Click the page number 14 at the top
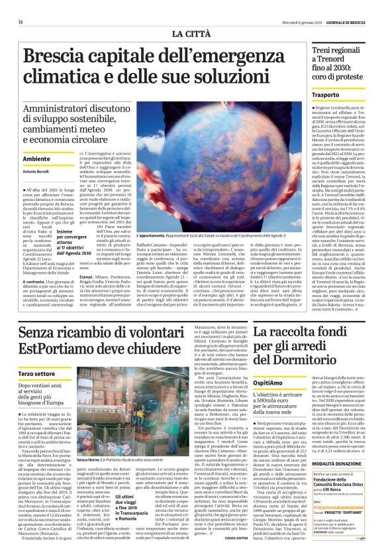[11, 23]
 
